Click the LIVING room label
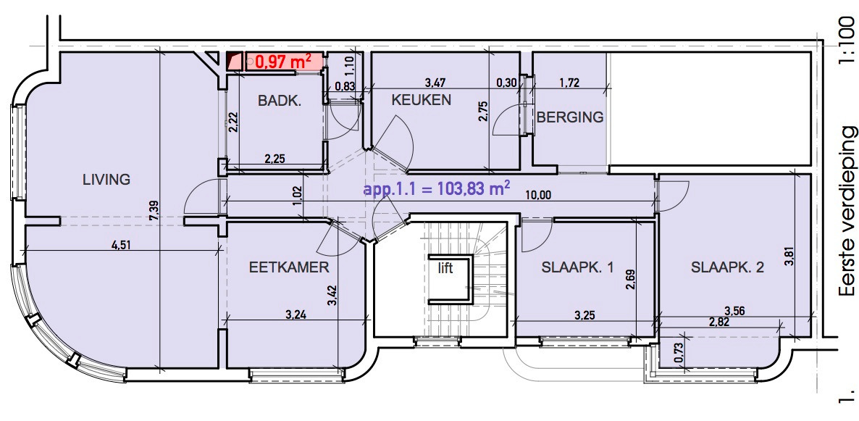(x=106, y=179)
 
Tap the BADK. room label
(x=279, y=101)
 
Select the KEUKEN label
(x=422, y=100)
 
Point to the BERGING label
(x=570, y=117)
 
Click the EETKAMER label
(x=288, y=267)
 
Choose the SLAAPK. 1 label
(x=577, y=267)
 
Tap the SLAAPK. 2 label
(x=726, y=267)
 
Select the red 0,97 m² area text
(x=283, y=62)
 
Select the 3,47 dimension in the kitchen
(x=436, y=83)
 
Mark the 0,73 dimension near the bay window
(x=679, y=350)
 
